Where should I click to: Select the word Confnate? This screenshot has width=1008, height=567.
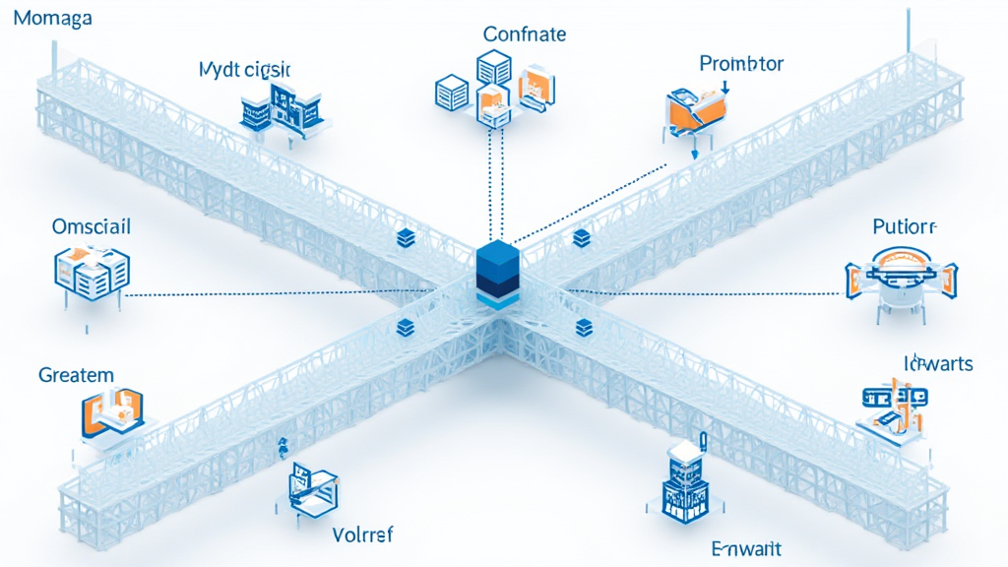525,34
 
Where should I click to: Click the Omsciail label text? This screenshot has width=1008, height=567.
91,226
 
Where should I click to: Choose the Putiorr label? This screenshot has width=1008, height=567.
905,226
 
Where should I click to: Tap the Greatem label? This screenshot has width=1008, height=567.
76,375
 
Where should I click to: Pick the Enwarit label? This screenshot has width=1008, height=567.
745,547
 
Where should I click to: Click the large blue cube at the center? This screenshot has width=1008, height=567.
496,271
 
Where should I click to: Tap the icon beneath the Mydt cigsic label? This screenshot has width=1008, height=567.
280,107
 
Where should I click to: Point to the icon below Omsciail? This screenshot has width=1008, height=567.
89,273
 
